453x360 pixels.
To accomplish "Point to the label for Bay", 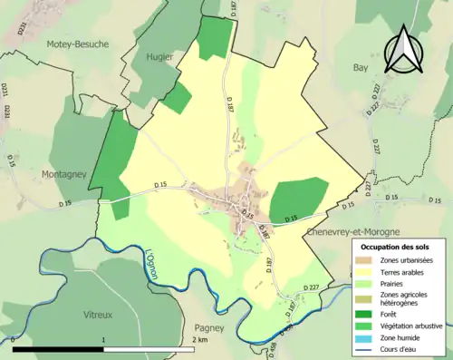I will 361,68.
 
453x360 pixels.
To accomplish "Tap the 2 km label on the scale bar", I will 201,340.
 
